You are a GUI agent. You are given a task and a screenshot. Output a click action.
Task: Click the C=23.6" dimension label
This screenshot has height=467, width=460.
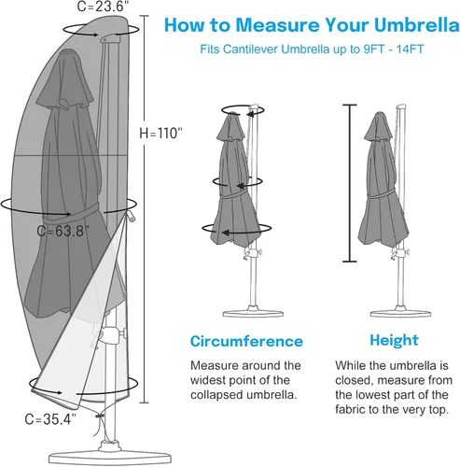point(103,7)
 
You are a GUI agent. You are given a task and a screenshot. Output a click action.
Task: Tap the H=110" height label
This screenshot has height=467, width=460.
point(160,133)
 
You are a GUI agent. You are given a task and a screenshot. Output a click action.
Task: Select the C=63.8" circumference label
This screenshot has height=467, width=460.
point(63,231)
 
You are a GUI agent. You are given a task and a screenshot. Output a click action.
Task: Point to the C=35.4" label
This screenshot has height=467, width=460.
point(50,419)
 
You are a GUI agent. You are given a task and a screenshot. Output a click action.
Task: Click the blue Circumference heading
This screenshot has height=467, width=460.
point(246,341)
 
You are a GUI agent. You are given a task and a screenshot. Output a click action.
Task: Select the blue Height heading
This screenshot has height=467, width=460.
point(394,340)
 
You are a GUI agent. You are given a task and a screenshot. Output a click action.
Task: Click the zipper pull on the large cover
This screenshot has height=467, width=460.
point(131,216)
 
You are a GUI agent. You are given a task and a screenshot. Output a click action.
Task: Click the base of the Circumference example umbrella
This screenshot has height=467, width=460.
point(253,313)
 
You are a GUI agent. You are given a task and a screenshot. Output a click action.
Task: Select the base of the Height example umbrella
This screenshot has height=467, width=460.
point(400,313)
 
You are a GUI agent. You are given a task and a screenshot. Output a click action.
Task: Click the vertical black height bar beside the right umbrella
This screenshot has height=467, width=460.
point(350,183)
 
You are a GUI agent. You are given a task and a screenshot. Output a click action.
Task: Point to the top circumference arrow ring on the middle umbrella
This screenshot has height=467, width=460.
point(243,110)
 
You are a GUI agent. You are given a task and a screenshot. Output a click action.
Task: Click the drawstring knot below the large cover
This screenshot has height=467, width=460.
point(100,416)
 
